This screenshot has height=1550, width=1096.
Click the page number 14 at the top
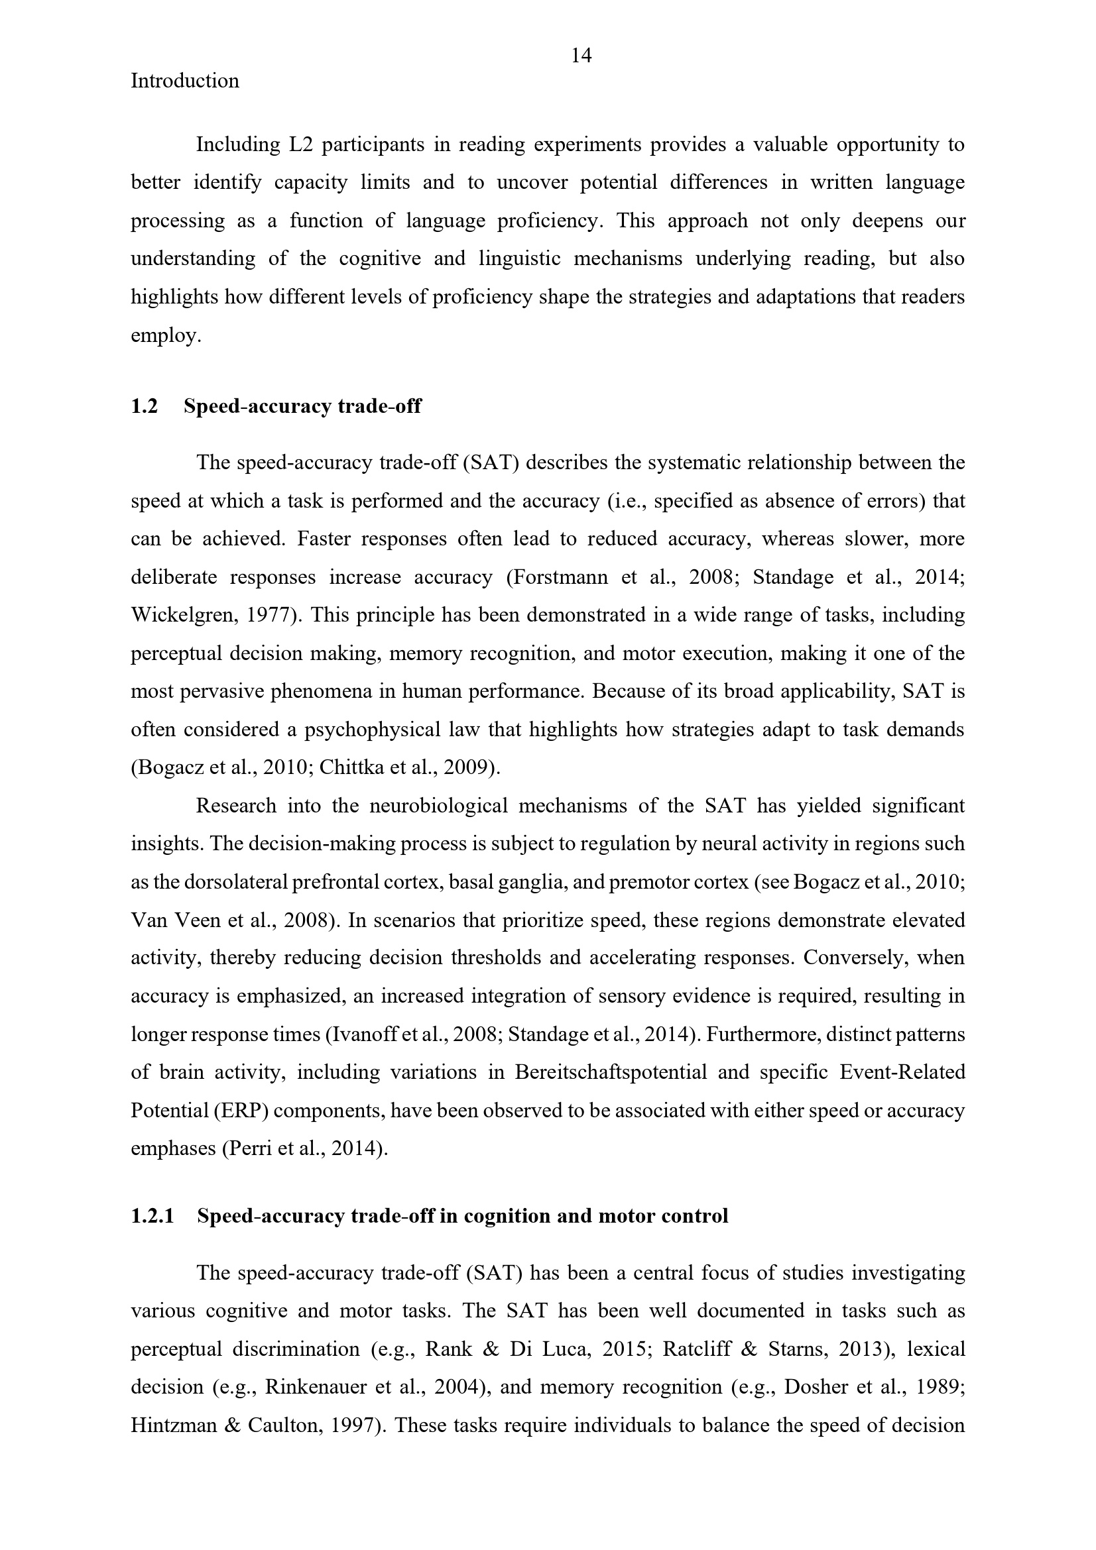tap(581, 56)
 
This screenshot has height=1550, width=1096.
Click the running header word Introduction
tap(184, 81)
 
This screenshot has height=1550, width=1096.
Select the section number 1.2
tap(144, 406)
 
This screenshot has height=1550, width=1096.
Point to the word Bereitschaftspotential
tap(611, 1072)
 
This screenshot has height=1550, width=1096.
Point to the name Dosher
tap(815, 1387)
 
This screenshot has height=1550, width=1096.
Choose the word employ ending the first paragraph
tap(164, 335)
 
